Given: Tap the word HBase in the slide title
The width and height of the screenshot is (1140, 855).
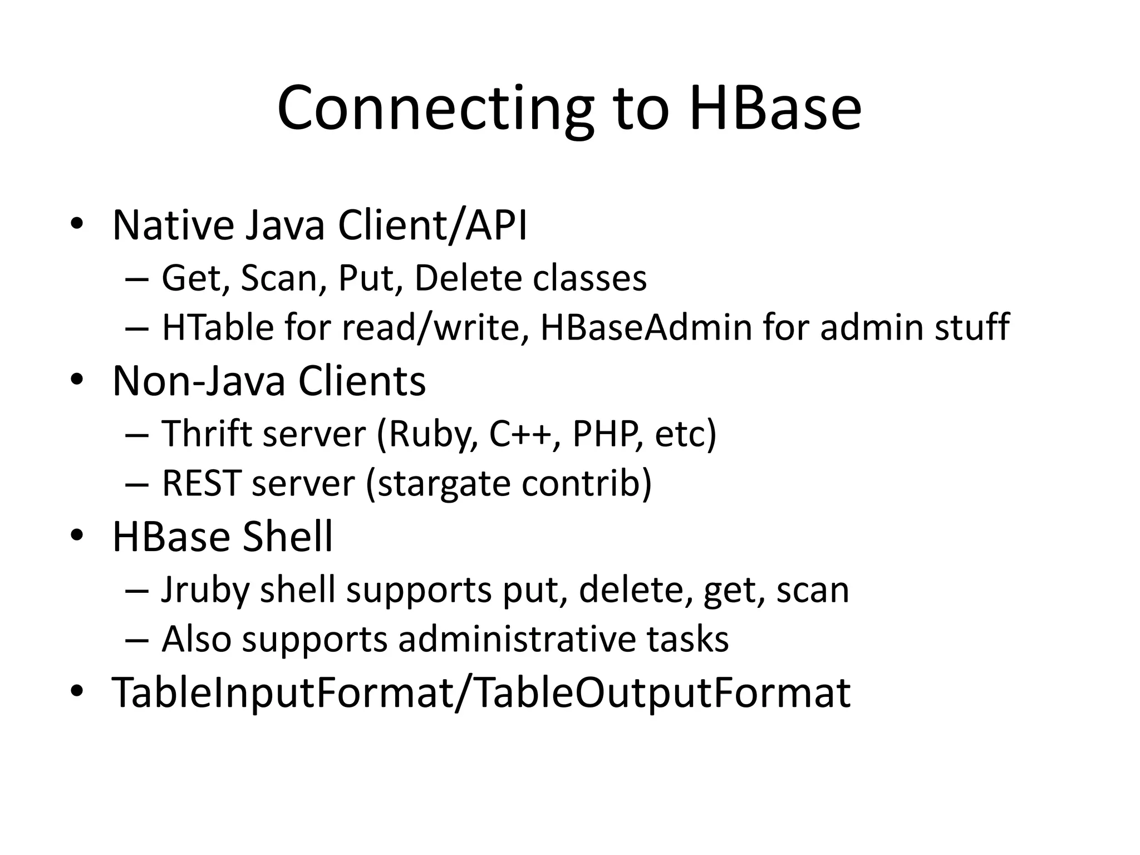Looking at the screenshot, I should click(775, 108).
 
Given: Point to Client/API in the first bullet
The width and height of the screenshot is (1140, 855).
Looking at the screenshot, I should click(432, 225).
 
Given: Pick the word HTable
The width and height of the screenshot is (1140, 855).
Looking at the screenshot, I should click(218, 327).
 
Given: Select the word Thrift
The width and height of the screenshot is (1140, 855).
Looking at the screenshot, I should click(207, 434).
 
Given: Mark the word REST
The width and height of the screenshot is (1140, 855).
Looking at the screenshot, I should click(202, 483).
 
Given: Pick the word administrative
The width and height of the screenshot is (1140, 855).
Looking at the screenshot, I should click(516, 639).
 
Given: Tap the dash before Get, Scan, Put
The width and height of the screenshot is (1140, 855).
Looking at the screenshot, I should click(137, 278).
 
